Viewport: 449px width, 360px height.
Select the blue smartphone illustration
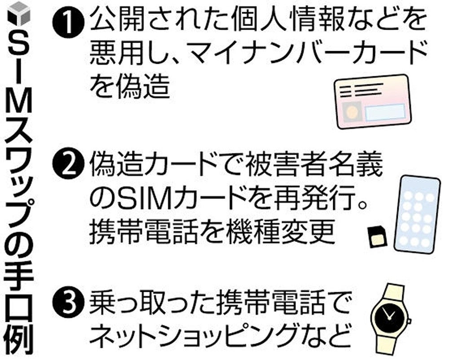coord(418,214)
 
